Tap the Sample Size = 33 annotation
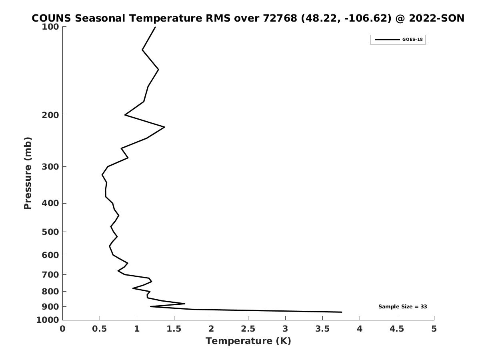point(402,307)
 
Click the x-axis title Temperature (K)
point(248,341)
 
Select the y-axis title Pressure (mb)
point(28,173)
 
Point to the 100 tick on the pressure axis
point(51,27)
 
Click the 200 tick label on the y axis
point(51,115)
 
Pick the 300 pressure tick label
point(51,167)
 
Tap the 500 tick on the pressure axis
point(51,232)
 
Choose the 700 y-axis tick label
point(51,275)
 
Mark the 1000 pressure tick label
point(48,320)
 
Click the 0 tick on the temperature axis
point(63,329)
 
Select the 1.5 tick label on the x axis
point(174,329)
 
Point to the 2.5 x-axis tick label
point(248,329)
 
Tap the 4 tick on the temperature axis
point(360,329)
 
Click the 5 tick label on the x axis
point(434,329)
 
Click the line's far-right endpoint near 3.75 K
point(342,312)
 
